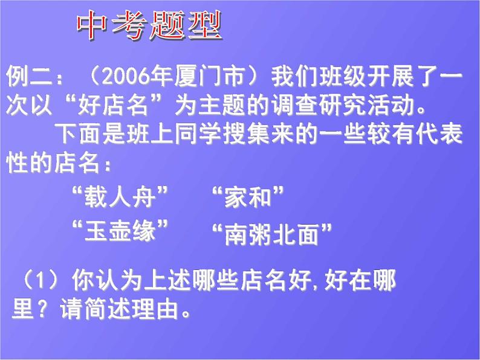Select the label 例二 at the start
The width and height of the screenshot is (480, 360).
pyautogui.click(x=29, y=78)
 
